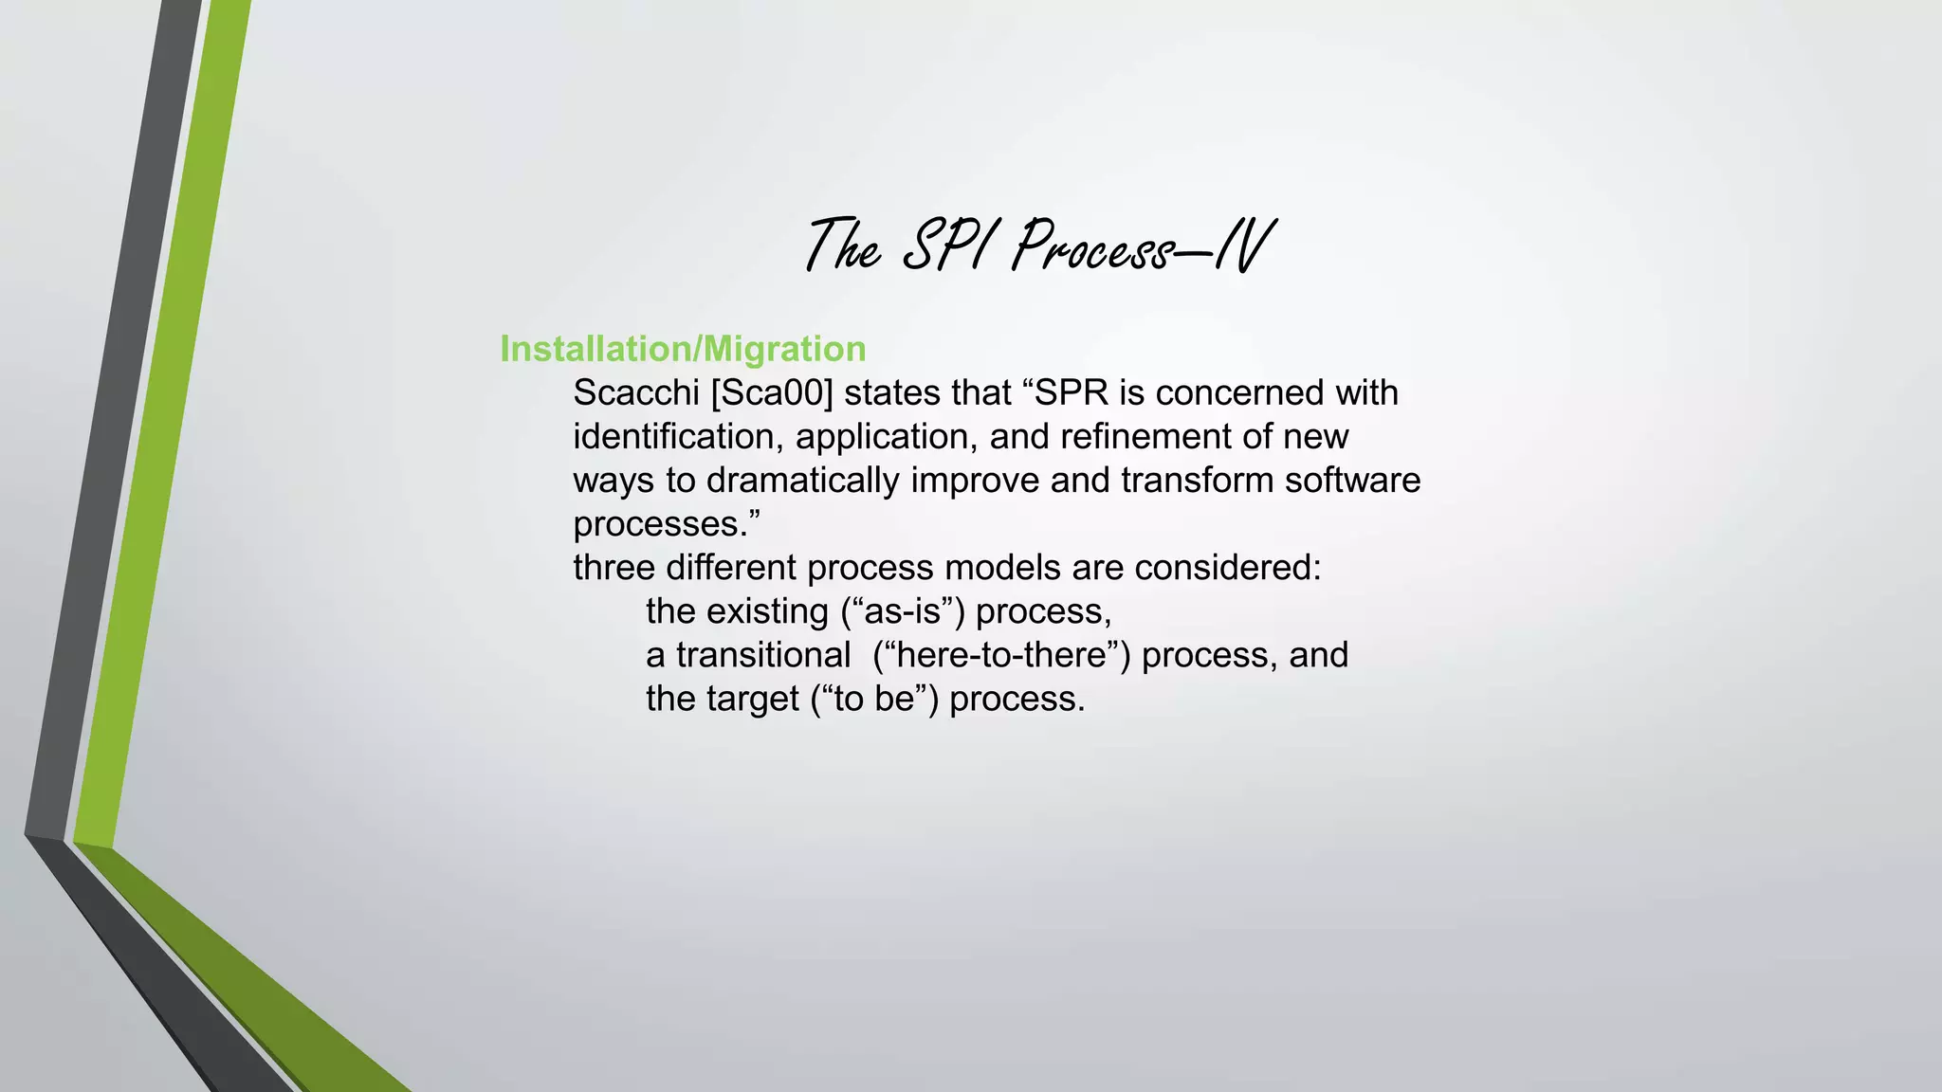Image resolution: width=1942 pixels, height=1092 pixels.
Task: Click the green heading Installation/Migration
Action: point(683,349)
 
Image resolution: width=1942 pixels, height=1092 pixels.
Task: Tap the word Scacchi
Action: point(636,392)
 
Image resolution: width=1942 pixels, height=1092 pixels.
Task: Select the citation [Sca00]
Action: point(772,392)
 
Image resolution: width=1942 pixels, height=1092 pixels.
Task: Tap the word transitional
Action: point(763,655)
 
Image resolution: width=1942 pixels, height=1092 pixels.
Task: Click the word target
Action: point(753,699)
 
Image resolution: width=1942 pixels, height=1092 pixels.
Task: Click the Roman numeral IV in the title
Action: point(1242,246)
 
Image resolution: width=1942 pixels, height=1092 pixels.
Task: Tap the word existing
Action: point(767,611)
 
